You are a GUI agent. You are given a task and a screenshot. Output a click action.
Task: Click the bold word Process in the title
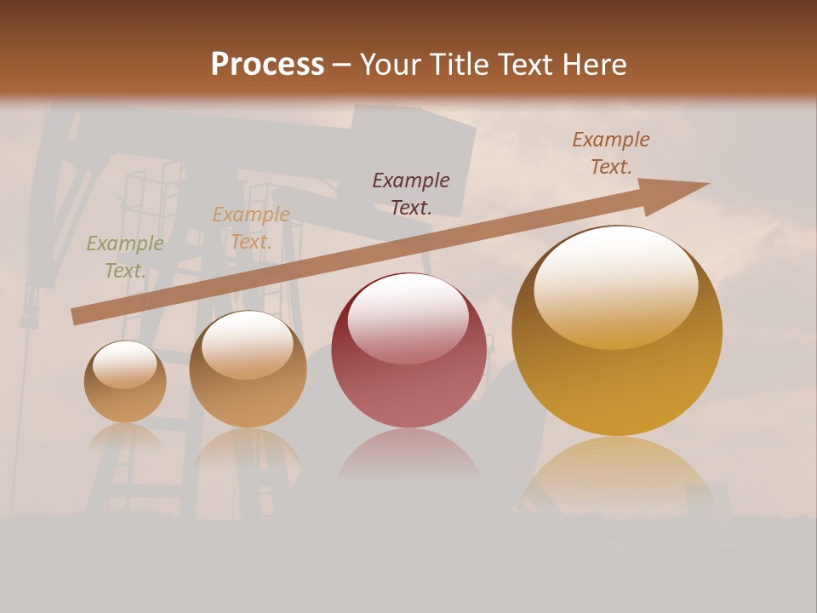click(x=267, y=65)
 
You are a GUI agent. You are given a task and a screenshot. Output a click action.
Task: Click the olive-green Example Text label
click(x=124, y=257)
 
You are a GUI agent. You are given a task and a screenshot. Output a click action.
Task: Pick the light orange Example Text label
click(x=250, y=228)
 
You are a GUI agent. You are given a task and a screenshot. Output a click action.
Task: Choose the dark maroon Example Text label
click(x=411, y=193)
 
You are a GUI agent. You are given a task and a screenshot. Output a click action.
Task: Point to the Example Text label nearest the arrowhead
click(x=610, y=153)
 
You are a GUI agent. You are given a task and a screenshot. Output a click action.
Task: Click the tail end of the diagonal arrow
click(x=75, y=317)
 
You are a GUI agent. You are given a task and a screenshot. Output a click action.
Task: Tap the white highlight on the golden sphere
click(x=615, y=285)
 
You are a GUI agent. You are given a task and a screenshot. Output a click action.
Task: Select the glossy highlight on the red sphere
click(x=408, y=317)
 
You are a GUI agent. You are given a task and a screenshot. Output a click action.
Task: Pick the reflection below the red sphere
click(x=408, y=455)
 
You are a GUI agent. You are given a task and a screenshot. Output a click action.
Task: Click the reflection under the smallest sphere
click(x=125, y=436)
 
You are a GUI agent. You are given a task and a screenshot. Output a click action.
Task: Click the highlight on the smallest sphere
click(x=124, y=364)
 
